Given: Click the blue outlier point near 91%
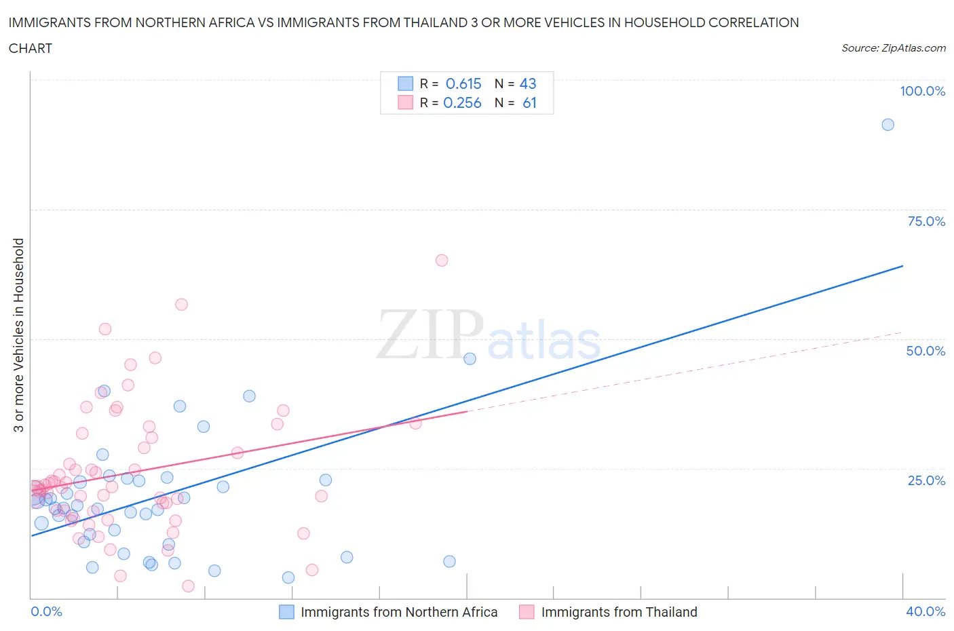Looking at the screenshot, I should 888,125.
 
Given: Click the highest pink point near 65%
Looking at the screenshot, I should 442,261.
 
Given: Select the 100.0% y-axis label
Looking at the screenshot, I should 922,92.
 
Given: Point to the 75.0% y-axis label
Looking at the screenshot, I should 926,222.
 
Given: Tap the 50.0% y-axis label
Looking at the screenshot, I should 926,351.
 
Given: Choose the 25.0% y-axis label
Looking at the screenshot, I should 926,481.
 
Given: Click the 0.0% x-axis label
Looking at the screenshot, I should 46,612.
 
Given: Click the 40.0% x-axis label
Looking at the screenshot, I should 926,612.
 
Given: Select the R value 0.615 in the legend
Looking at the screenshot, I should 463,84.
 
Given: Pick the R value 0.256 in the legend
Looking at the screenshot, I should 462,103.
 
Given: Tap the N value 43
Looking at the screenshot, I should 528,84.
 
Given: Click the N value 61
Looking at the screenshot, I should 529,103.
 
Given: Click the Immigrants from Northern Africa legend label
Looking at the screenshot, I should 399,613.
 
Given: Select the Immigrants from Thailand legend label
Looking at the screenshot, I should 619,613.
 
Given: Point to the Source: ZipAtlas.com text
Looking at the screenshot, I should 893,48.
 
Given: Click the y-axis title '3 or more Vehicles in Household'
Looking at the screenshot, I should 19,335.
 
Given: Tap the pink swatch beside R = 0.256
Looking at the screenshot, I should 405,103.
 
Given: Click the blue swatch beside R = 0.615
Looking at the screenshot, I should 405,84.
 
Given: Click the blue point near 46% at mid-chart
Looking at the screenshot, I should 470,359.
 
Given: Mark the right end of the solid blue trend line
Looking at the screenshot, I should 902,266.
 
